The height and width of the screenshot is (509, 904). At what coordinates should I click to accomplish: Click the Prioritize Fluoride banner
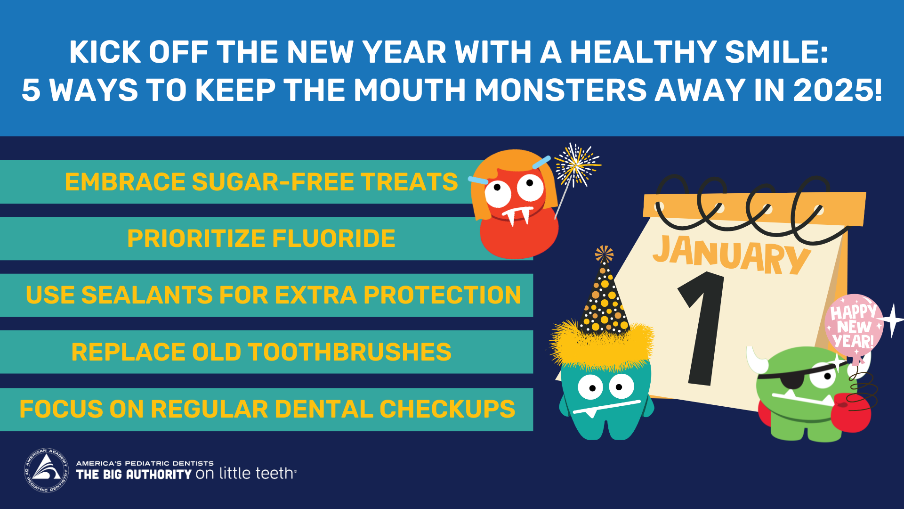pos(261,238)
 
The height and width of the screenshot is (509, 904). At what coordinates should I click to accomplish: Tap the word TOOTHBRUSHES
pos(349,352)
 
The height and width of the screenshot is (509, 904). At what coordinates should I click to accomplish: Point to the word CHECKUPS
pos(447,409)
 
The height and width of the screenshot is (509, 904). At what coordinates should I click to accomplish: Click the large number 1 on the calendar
pos(701,328)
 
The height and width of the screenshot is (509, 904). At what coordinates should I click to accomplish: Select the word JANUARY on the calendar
pos(731,254)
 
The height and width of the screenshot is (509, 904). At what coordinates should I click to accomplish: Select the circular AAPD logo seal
pos(46,470)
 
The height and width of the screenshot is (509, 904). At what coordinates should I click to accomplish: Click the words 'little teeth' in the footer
pos(257,473)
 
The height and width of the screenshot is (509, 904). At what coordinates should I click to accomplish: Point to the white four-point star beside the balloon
pos(891,320)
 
